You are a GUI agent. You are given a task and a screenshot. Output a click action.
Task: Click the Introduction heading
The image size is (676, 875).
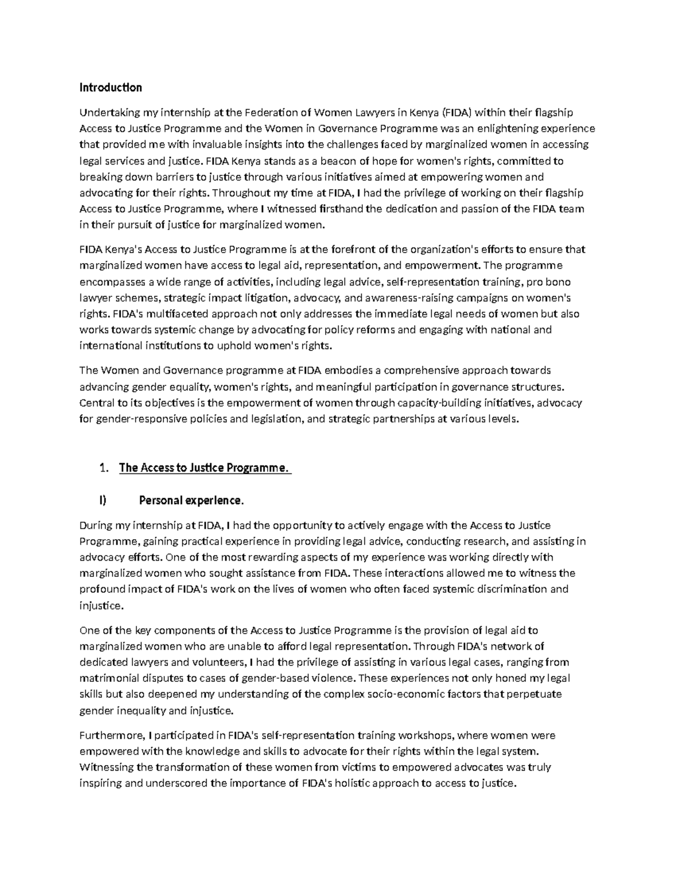110,88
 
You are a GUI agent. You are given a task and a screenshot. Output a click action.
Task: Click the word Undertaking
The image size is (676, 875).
108,113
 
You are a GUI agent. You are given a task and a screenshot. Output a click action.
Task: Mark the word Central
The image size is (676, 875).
96,403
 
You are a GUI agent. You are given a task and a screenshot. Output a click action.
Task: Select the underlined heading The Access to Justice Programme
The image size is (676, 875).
204,468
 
